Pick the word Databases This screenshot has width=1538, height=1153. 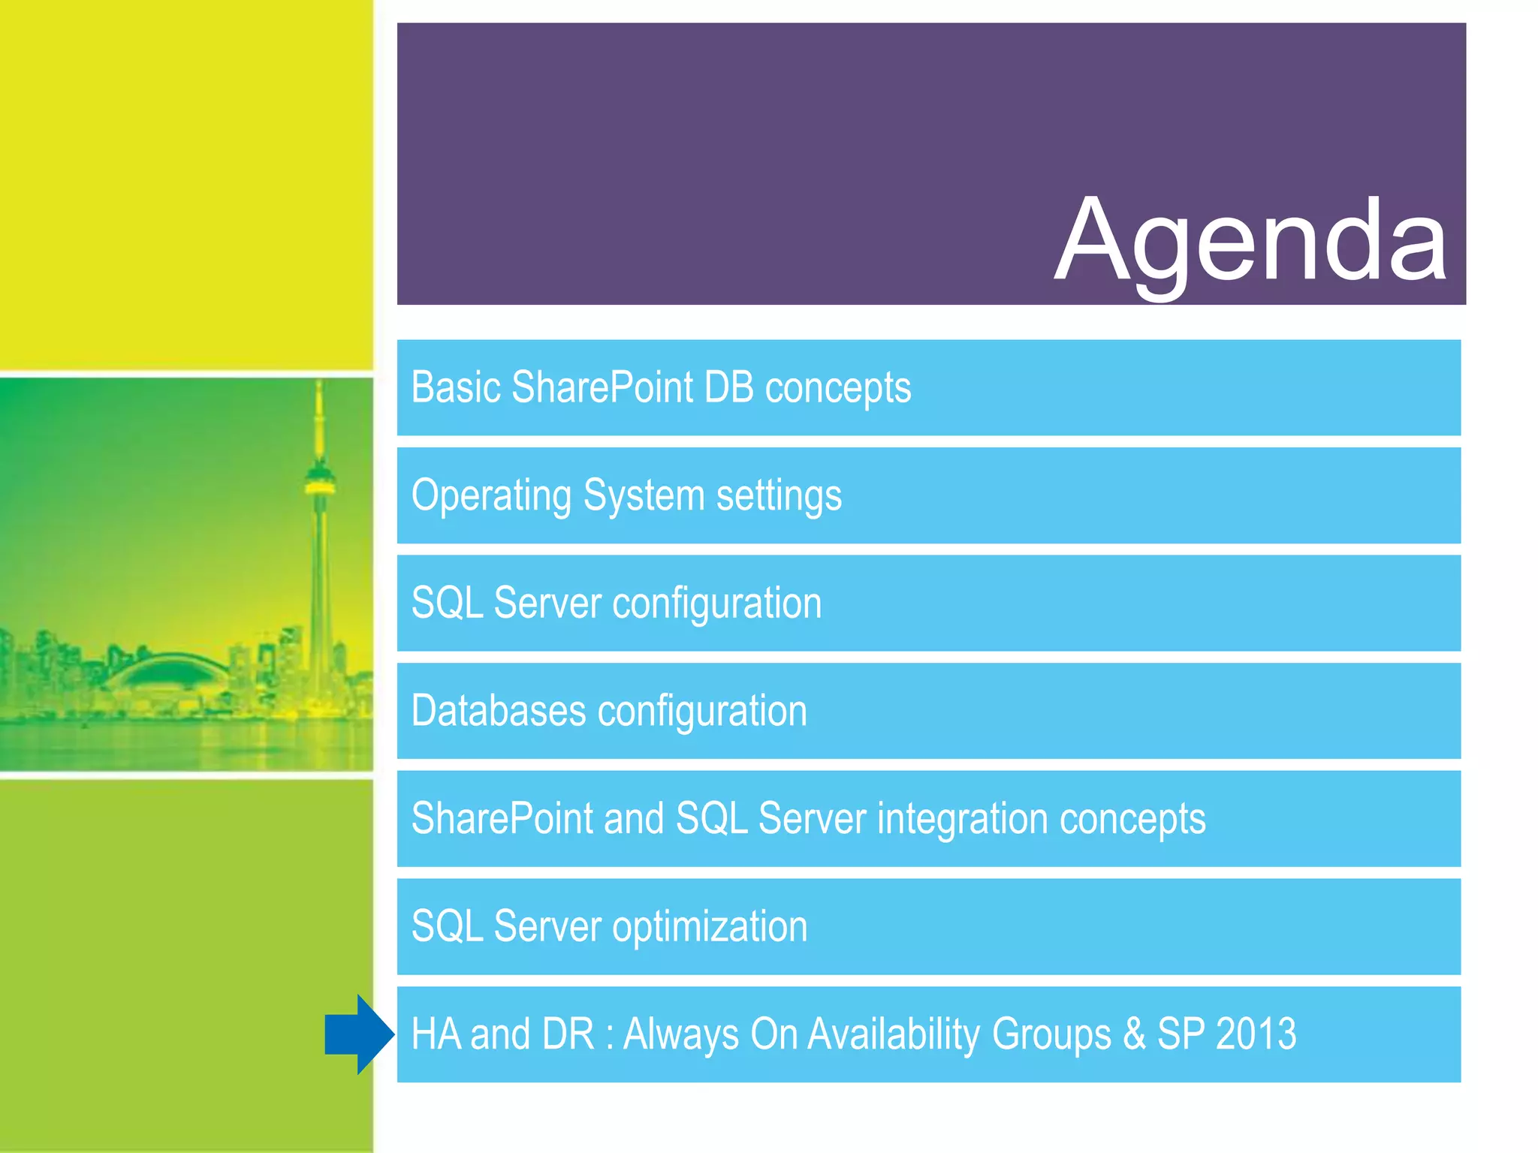click(x=499, y=711)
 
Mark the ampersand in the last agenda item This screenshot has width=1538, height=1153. click(x=1134, y=1034)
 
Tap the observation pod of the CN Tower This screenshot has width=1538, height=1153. click(x=320, y=480)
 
